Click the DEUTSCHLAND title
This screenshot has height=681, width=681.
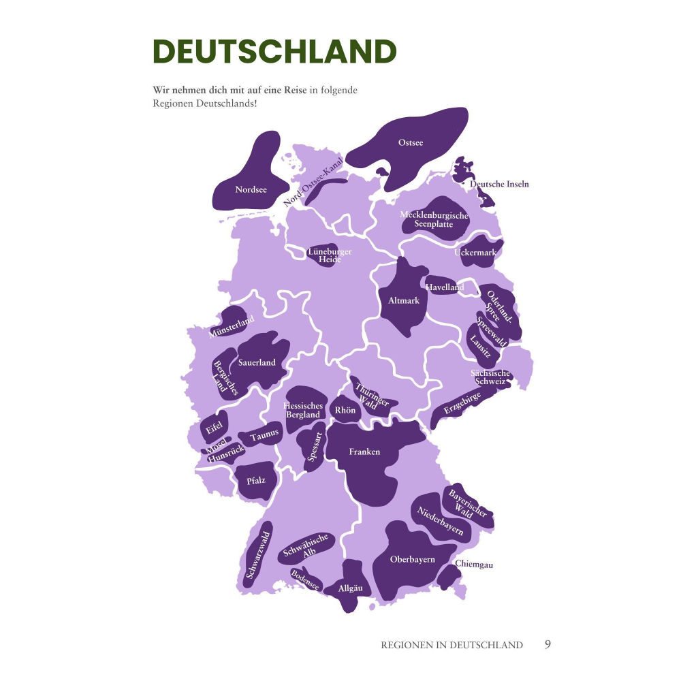coord(274,52)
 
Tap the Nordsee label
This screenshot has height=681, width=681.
coord(251,190)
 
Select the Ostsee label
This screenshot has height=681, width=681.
coord(411,142)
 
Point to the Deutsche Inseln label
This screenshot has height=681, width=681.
coord(499,184)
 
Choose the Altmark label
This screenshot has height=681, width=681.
coord(404,300)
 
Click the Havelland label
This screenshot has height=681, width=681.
coord(445,287)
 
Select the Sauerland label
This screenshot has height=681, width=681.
coord(257,362)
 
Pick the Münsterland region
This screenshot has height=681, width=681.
coord(232,326)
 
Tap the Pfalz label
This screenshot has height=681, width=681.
coord(255,480)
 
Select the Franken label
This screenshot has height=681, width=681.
coord(364,452)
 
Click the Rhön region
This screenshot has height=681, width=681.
coord(345,410)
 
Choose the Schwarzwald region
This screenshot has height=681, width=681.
coord(259,555)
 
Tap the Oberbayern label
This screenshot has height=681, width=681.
coord(412,559)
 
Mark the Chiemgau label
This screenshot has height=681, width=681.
coord(474,564)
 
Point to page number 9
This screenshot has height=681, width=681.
coord(548,644)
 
